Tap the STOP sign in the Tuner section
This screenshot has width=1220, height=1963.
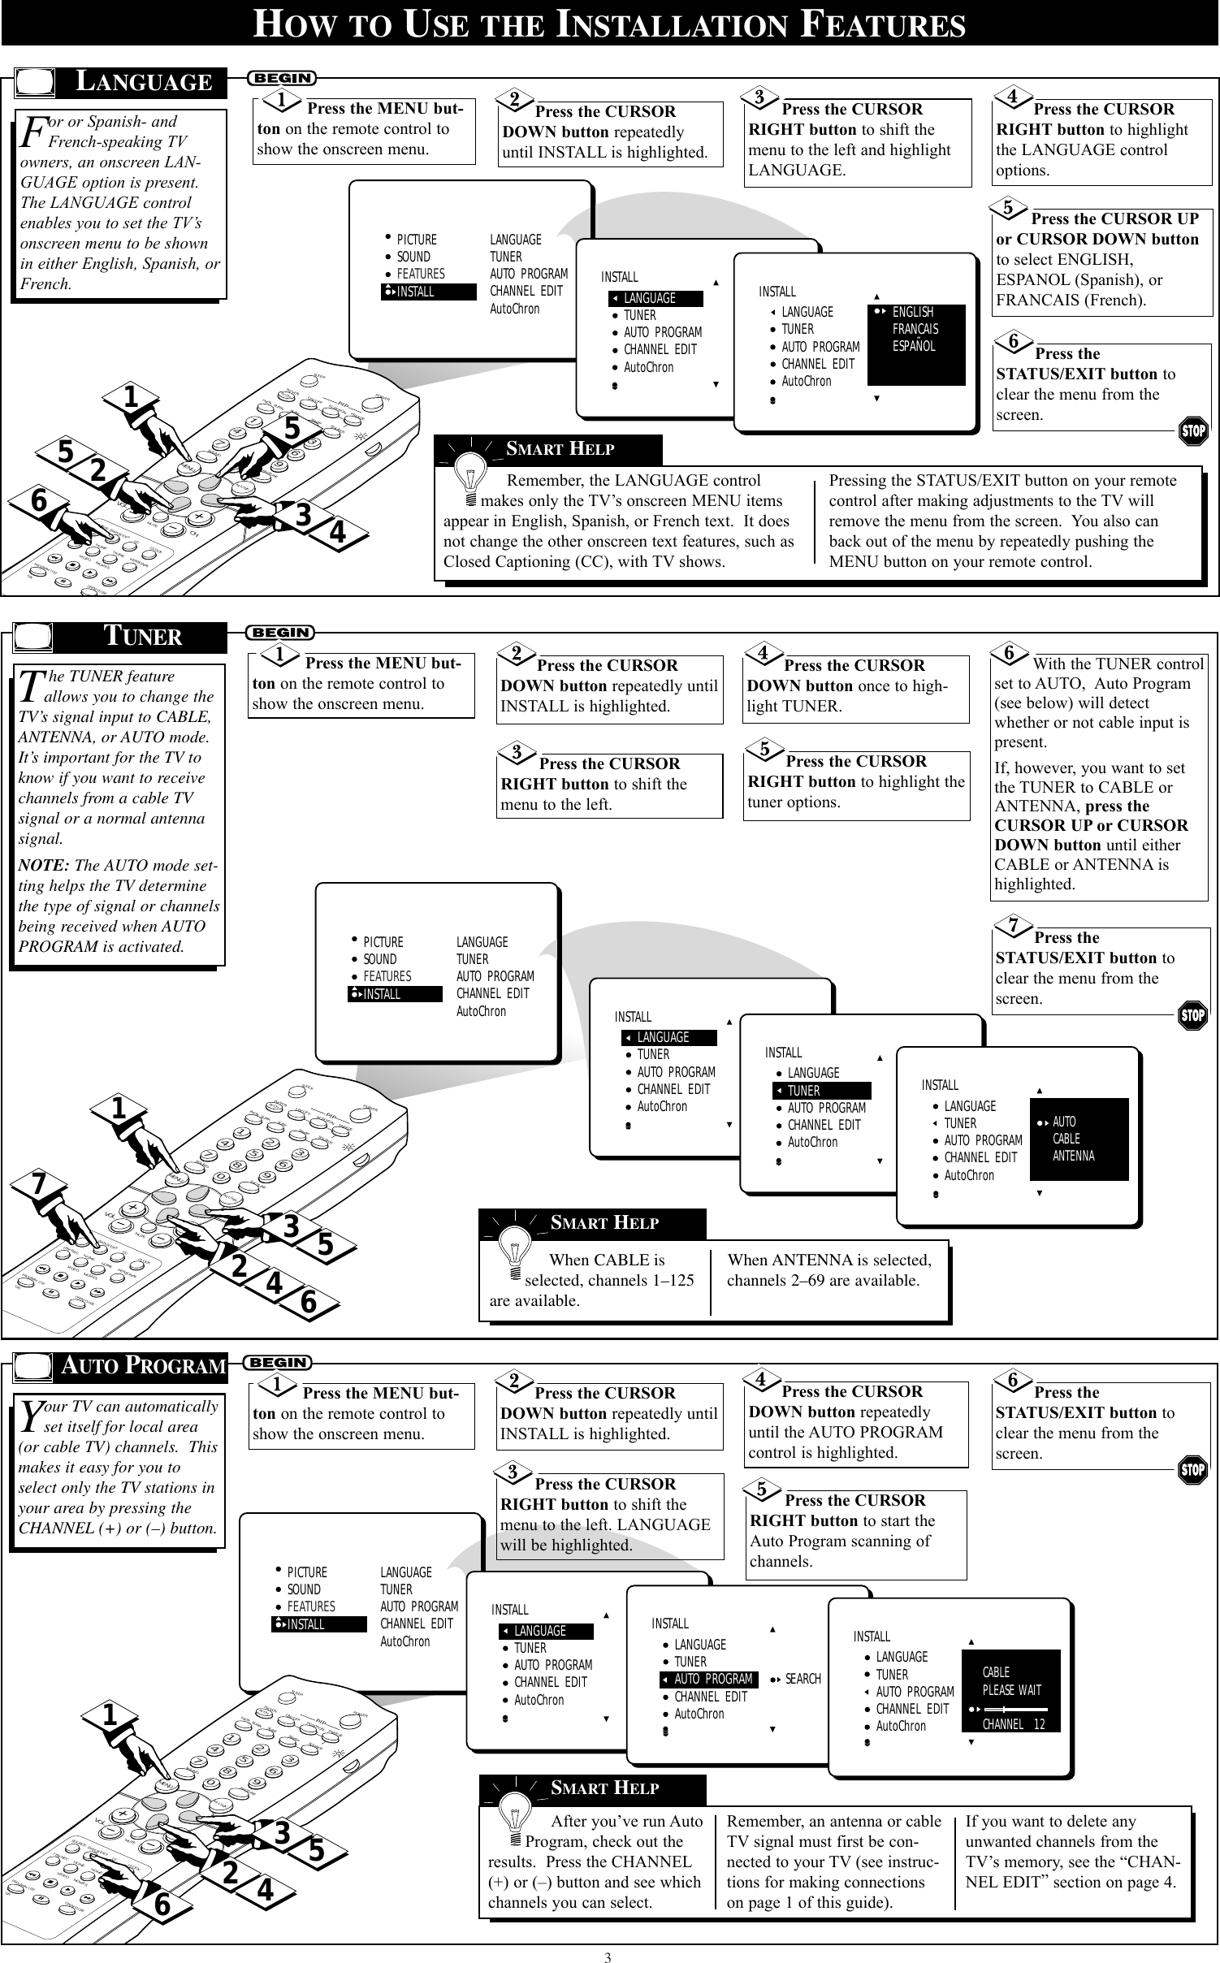click(x=1192, y=1015)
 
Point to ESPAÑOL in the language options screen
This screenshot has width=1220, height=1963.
click(x=914, y=346)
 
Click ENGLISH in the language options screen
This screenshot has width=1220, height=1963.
click(x=912, y=312)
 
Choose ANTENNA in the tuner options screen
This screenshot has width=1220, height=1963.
click(x=1073, y=1156)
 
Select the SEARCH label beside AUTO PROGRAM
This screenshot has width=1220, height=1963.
click(x=803, y=1679)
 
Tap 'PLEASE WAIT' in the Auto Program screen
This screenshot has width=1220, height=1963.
click(x=1011, y=1690)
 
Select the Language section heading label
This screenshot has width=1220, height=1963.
click(x=143, y=82)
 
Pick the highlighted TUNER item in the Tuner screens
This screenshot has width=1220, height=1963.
click(x=820, y=1091)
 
